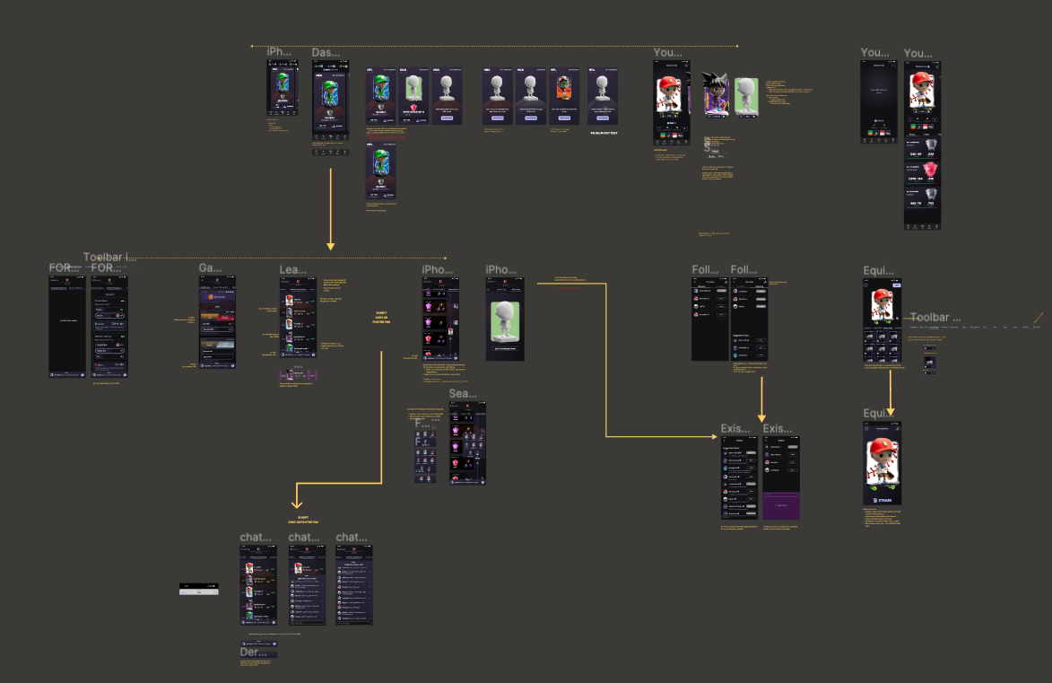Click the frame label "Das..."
click(x=324, y=53)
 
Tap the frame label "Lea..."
click(x=292, y=269)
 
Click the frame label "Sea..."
click(x=463, y=394)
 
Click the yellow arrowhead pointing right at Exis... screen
click(x=711, y=437)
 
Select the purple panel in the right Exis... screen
click(x=780, y=505)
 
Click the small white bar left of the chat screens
click(x=198, y=591)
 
